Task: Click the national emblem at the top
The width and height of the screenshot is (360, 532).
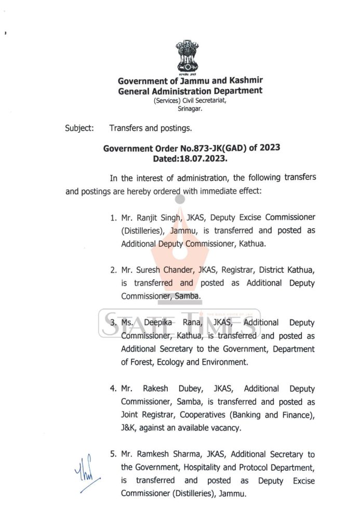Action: click(186, 57)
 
